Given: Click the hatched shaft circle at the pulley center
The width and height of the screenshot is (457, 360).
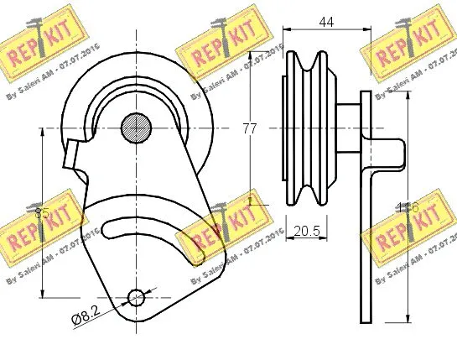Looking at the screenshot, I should [136, 128].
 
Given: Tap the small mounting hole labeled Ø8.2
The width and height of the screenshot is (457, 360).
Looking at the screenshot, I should [136, 296].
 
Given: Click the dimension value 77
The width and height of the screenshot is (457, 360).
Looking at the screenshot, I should [248, 128].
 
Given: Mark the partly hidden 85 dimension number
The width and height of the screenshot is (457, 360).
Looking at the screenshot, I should [42, 214].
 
